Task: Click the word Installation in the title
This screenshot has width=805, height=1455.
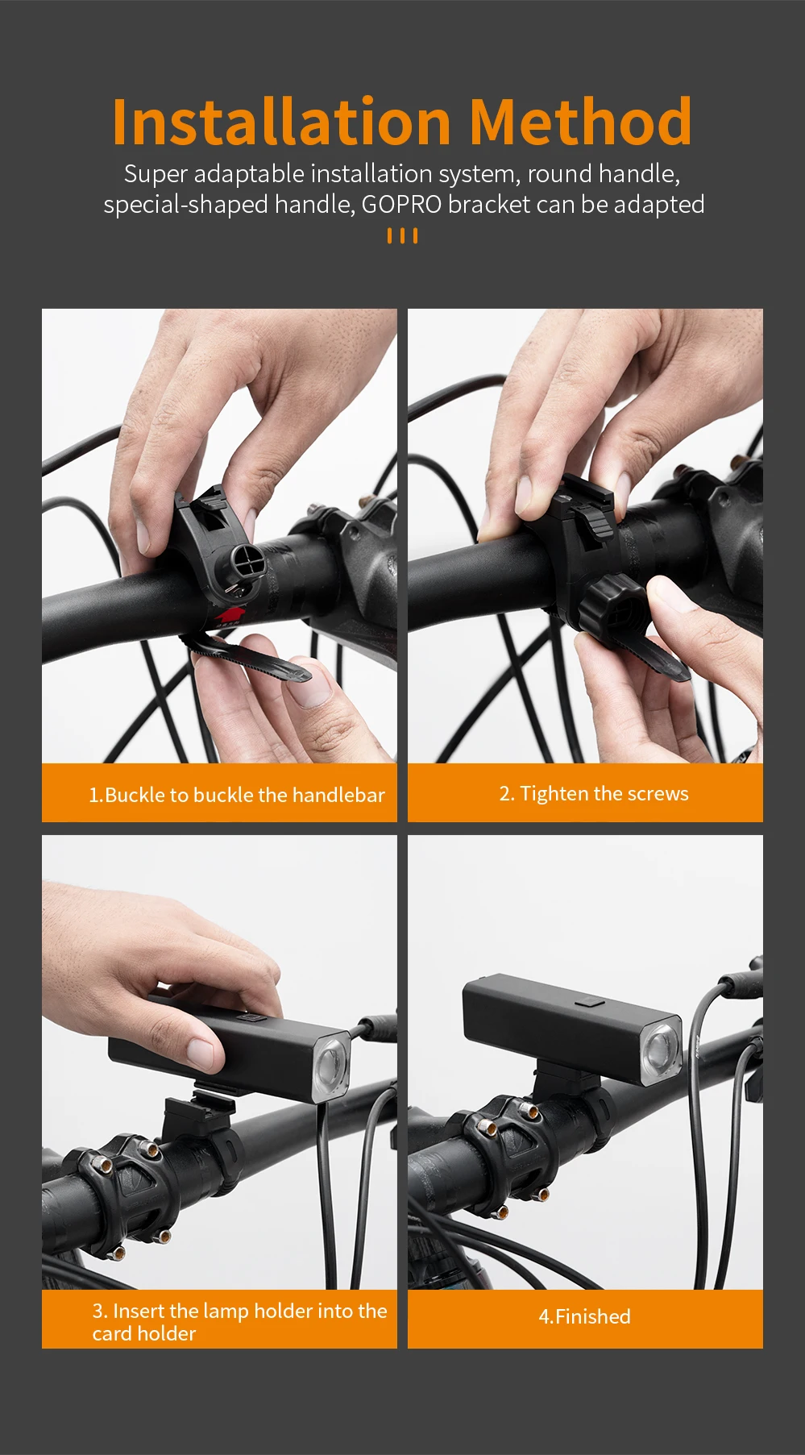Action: click(281, 121)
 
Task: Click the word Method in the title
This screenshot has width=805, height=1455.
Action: click(580, 121)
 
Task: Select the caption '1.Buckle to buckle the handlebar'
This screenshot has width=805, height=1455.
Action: click(237, 795)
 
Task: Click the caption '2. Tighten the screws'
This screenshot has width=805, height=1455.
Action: click(594, 793)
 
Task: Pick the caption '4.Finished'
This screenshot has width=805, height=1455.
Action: click(585, 1316)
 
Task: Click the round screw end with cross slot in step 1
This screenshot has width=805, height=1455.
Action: click(246, 561)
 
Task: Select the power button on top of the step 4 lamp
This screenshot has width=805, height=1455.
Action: click(590, 1004)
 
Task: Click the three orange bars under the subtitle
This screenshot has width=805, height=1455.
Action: click(402, 235)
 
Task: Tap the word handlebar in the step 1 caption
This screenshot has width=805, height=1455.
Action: click(338, 795)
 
